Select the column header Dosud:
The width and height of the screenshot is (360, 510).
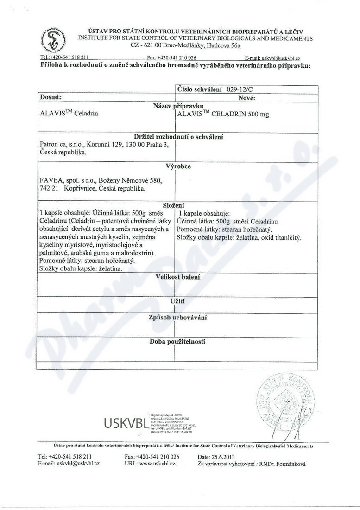coord(51,98)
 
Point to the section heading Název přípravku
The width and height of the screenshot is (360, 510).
coord(175,106)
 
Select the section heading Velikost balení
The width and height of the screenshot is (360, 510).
coord(177,277)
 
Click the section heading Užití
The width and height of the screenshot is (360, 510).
coord(178,301)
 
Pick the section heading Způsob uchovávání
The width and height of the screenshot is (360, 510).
coord(177,318)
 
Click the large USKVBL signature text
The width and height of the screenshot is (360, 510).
coord(125,423)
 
